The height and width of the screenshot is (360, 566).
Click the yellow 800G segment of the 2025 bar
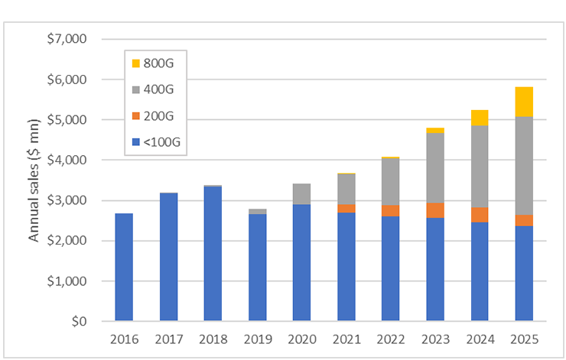[524, 102]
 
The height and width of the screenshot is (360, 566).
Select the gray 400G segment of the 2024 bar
[480, 166]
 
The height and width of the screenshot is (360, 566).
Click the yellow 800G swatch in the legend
[137, 63]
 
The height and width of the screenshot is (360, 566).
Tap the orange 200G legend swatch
[137, 115]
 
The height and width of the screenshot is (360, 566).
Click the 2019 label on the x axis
[257, 338]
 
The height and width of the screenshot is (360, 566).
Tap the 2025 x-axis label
[524, 338]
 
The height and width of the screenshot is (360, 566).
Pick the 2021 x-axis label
[346, 338]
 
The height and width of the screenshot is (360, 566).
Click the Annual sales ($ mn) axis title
[34, 180]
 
